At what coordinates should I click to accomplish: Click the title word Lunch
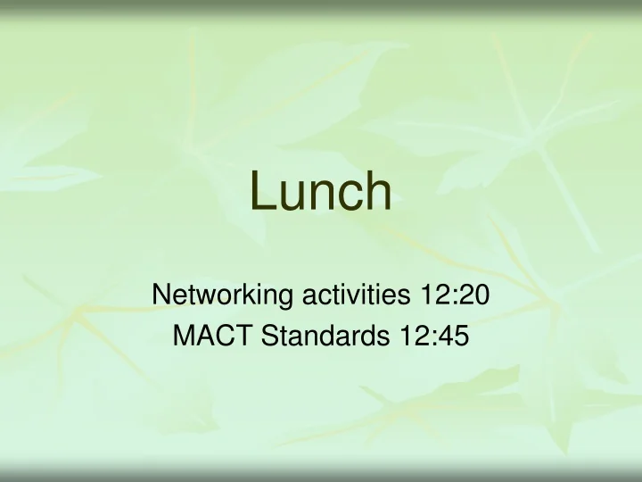[x=320, y=192]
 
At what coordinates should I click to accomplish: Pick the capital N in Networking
[x=162, y=293]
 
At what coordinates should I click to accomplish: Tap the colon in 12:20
[x=458, y=295]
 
